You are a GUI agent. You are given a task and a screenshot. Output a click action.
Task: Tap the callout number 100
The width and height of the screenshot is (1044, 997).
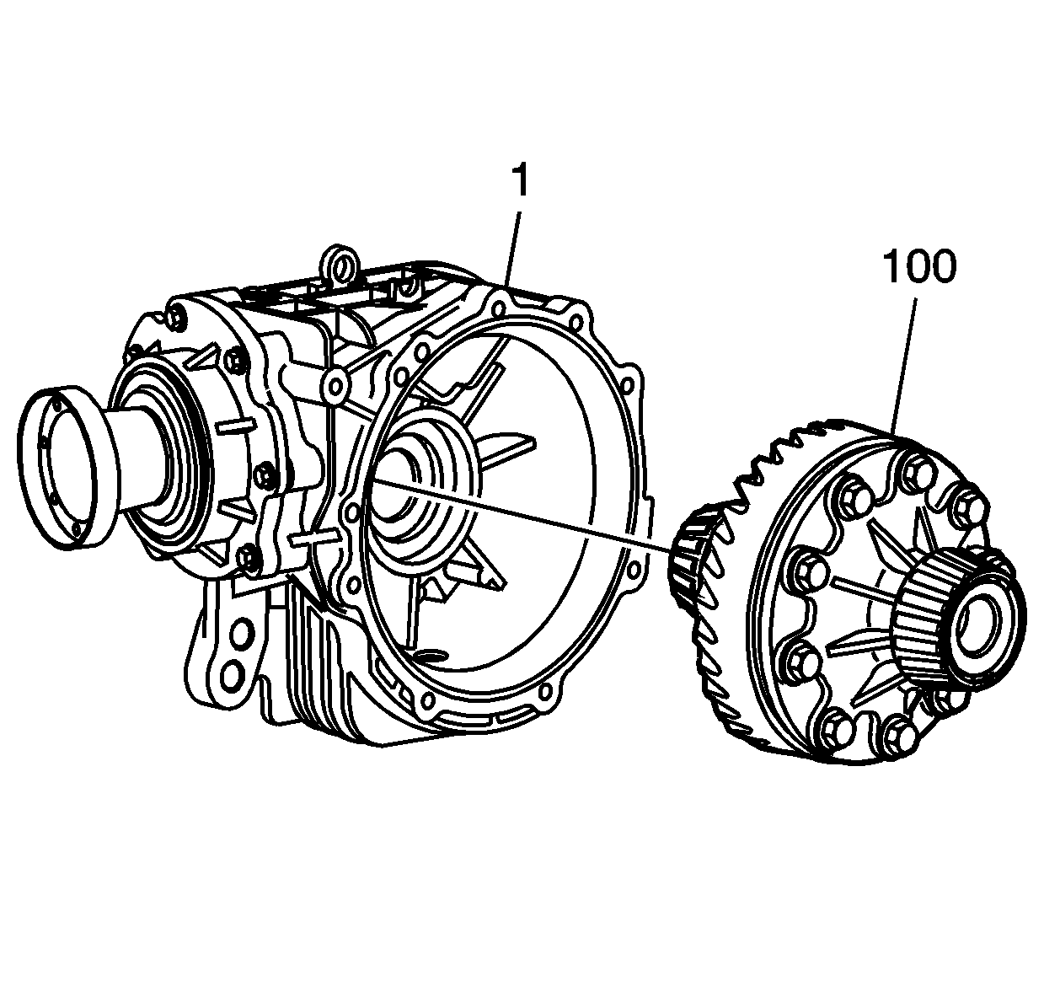point(919,266)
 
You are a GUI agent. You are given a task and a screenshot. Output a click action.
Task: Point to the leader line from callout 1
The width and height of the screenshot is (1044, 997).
point(512,244)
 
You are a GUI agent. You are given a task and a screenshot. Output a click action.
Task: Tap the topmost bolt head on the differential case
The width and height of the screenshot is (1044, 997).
point(915,469)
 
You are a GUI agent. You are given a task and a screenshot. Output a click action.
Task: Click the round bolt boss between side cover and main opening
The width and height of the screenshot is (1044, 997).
point(336,386)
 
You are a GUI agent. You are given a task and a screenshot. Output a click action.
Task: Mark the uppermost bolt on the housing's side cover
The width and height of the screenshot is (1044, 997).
point(176,318)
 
